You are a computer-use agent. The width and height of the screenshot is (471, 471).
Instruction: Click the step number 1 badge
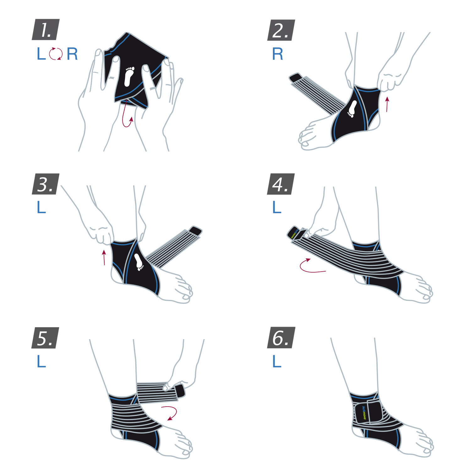(x=46, y=30)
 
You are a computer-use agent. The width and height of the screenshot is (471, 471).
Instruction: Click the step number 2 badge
(x=281, y=30)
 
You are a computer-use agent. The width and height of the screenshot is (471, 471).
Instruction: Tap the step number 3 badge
(x=46, y=184)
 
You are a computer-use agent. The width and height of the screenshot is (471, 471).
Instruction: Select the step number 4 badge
(x=281, y=184)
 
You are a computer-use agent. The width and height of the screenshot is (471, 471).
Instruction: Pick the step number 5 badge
(x=46, y=338)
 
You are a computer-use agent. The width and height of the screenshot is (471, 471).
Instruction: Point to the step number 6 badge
(x=281, y=338)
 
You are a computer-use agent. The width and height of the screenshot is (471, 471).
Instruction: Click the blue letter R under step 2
(x=278, y=54)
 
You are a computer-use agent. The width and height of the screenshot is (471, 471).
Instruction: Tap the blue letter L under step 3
(x=41, y=207)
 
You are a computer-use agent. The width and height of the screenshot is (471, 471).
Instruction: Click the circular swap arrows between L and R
(x=56, y=54)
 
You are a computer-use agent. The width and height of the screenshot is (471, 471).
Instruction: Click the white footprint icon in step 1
(x=129, y=76)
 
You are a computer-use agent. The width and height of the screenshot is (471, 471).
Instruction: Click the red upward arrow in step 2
(x=387, y=104)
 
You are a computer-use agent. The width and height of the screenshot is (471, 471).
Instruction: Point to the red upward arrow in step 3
(x=104, y=257)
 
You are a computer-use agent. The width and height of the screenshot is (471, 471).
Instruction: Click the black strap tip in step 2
(x=295, y=77)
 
